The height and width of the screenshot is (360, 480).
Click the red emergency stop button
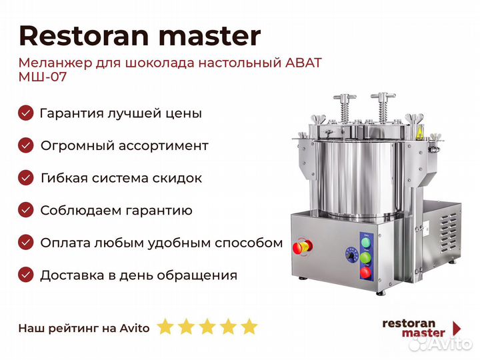(303, 247)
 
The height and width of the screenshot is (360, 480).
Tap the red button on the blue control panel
(365, 272)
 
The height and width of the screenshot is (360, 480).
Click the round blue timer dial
(352, 255)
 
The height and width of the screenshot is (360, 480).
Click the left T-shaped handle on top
(345, 108)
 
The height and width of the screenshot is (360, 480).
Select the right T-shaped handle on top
(383, 107)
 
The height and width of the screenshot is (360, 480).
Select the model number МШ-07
(43, 77)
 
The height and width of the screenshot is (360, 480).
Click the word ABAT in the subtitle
(303, 63)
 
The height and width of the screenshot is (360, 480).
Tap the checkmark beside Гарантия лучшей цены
(26, 113)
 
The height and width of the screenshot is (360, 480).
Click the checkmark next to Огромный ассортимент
(26, 145)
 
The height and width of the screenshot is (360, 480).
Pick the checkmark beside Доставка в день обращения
(26, 275)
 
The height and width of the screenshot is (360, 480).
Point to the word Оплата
(65, 243)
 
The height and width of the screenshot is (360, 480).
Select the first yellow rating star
(165, 326)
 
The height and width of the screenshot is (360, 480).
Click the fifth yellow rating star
(249, 326)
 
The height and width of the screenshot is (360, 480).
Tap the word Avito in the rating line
(135, 328)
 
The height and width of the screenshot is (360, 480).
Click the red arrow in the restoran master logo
(457, 329)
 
